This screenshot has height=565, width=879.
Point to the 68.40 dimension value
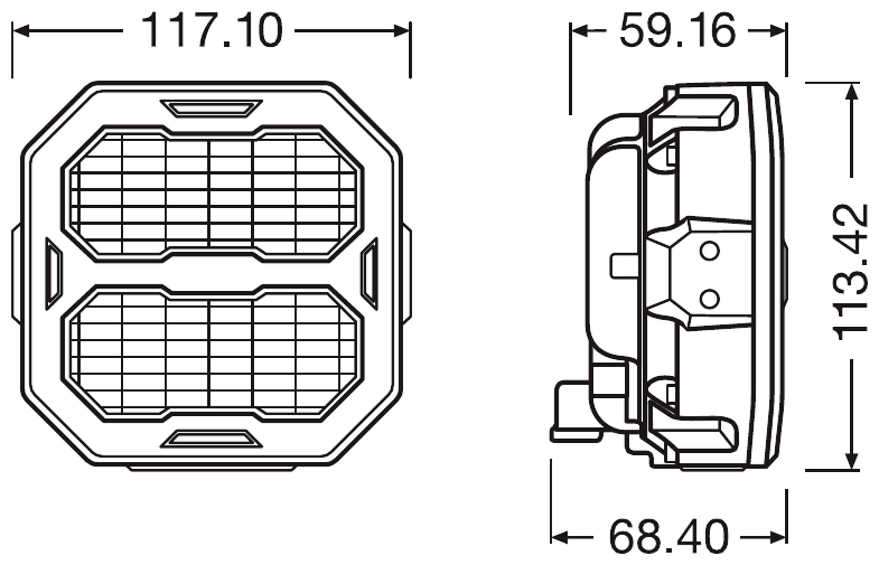668,538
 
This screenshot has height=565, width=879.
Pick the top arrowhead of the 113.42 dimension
851,92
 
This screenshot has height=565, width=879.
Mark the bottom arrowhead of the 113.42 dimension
851,461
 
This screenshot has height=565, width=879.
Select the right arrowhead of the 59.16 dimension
778,32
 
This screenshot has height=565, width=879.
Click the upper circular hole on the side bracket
709,251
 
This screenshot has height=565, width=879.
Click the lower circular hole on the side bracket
709,299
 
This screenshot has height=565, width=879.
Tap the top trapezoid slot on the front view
211,109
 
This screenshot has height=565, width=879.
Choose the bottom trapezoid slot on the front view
211,439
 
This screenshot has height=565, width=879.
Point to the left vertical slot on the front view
54,274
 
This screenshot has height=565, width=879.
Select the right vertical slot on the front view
369,274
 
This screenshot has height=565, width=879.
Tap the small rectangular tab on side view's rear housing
624,266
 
